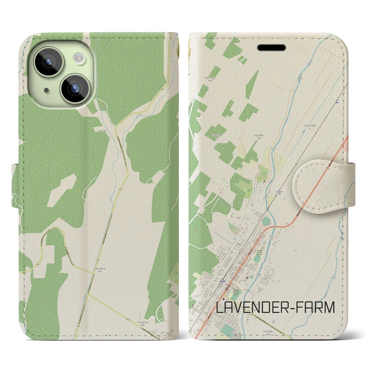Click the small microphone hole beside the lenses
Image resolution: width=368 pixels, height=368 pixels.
point(46,91)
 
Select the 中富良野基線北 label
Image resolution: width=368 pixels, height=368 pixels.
point(311,127)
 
